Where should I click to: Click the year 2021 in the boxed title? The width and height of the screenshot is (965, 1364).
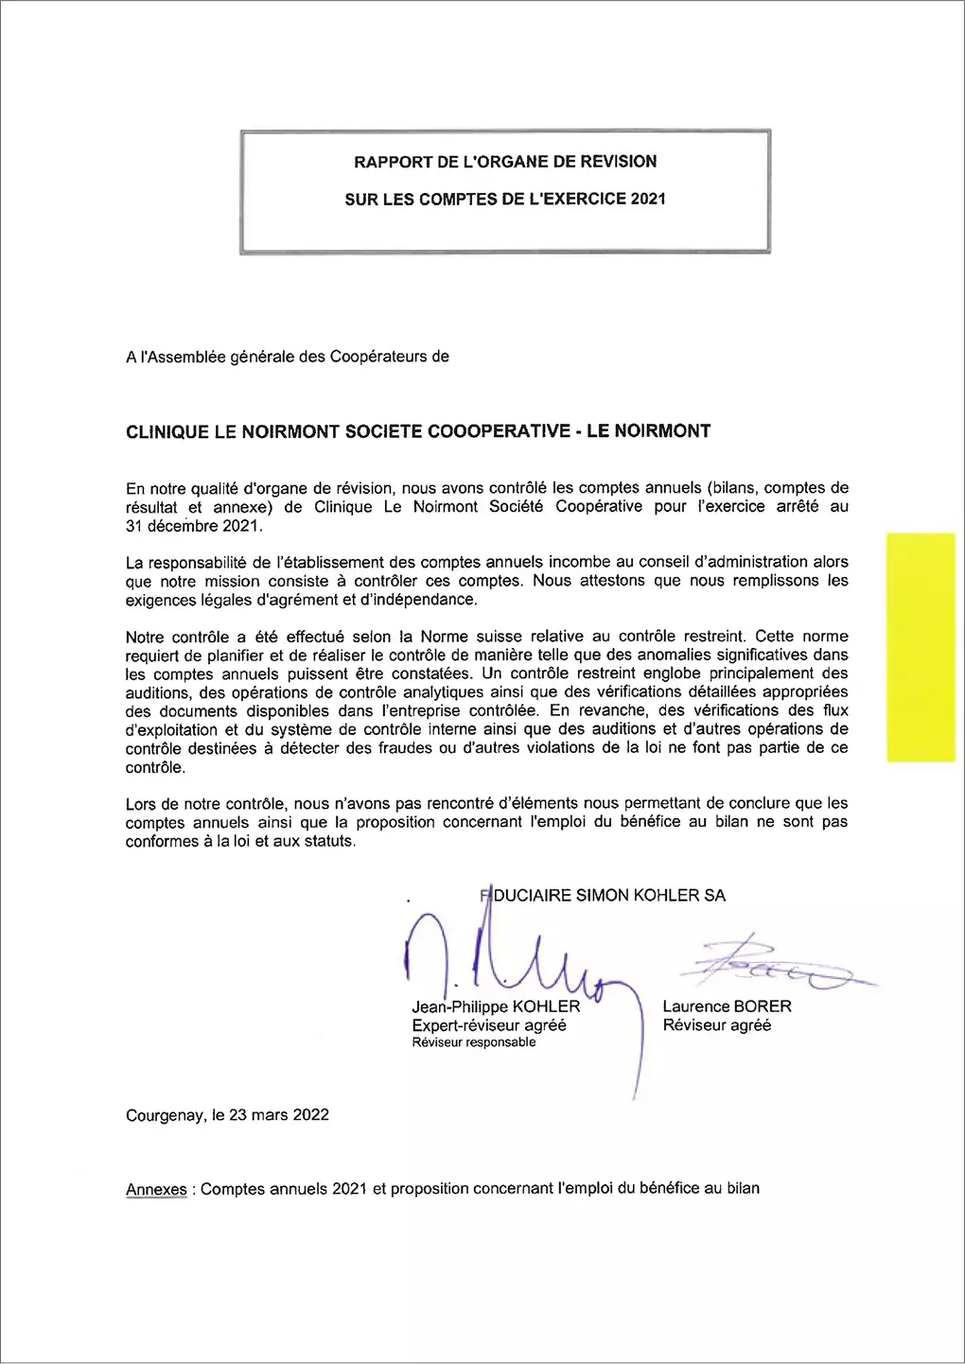click(648, 199)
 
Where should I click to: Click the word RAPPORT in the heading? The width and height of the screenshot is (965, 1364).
click(394, 162)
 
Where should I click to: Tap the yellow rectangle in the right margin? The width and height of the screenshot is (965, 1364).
click(921, 647)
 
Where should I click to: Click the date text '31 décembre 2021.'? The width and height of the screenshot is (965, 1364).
click(194, 526)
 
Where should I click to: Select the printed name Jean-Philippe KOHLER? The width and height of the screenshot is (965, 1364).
click(496, 1006)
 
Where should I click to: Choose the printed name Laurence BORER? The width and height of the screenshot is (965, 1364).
click(727, 1006)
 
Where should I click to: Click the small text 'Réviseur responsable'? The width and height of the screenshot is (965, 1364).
click(473, 1042)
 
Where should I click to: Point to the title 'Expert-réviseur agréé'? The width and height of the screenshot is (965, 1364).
click(489, 1025)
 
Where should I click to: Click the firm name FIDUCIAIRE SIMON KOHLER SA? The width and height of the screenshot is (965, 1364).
click(604, 895)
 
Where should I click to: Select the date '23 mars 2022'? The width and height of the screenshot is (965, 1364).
click(279, 1115)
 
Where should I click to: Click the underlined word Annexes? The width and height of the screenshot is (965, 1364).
click(156, 1189)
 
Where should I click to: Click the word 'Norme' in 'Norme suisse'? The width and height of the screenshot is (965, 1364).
click(444, 637)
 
